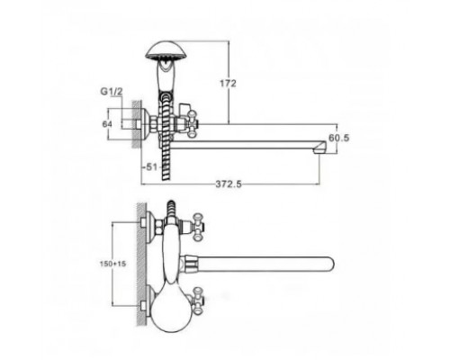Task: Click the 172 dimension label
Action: (229, 83)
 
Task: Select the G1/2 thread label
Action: (112, 92)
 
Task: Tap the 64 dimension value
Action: (107, 123)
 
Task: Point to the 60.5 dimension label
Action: (339, 138)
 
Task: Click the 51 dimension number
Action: (152, 166)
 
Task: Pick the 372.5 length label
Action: (229, 184)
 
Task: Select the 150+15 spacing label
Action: (112, 264)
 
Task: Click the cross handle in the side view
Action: (192, 123)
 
